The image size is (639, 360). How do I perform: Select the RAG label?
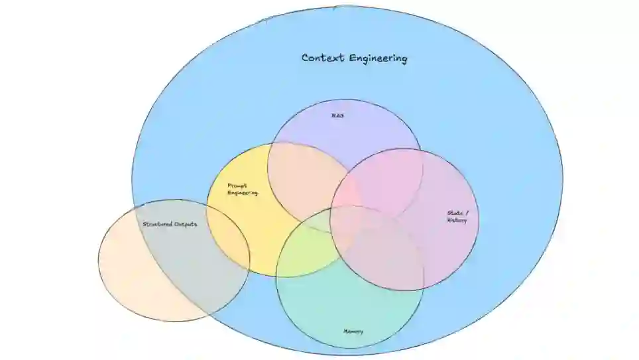[338, 115]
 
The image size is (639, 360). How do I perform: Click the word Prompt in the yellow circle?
[237, 186]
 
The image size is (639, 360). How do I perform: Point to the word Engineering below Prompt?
[243, 193]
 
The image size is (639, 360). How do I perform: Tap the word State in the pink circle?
[454, 213]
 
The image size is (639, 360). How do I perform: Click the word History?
[457, 220]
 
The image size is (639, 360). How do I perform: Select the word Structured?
[157, 224]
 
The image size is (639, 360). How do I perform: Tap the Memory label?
[353, 331]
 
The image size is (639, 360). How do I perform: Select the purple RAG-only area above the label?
[345, 129]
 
